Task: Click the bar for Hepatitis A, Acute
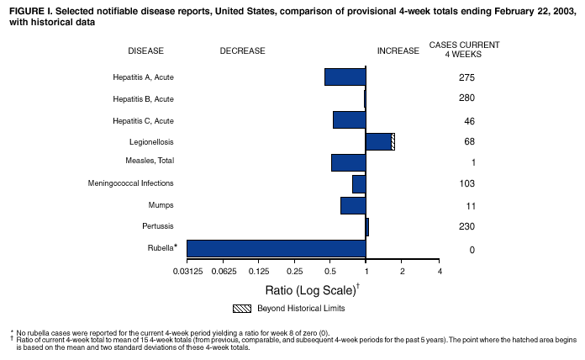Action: (x=345, y=77)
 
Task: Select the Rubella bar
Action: (x=276, y=248)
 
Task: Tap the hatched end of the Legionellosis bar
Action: (x=393, y=141)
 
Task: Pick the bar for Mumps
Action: (x=353, y=205)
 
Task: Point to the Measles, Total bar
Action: (x=348, y=162)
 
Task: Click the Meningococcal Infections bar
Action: (x=359, y=183)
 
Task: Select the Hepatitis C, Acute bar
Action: (x=349, y=119)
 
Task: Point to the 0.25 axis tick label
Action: (x=294, y=272)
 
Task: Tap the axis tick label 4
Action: (x=439, y=272)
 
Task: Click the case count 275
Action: (x=467, y=78)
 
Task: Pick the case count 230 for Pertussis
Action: (x=467, y=227)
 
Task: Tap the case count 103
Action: (x=467, y=184)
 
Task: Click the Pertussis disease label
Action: (x=158, y=226)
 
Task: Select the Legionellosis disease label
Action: (x=151, y=141)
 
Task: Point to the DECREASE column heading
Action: (x=242, y=51)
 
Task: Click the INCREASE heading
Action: (x=398, y=51)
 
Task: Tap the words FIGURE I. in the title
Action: (x=29, y=9)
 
